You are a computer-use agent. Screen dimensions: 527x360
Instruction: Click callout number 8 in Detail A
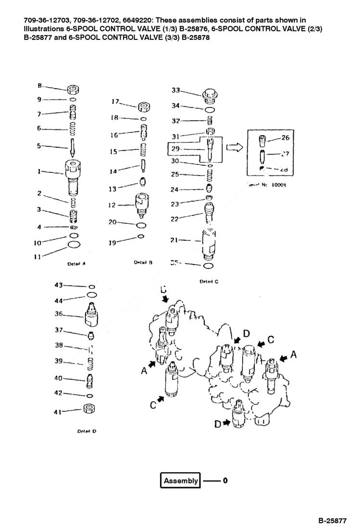click(x=40, y=86)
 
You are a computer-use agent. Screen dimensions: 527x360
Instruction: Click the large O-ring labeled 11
click(x=74, y=245)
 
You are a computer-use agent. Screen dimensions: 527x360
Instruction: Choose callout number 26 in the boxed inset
click(x=285, y=138)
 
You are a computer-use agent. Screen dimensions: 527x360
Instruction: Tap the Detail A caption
click(x=76, y=264)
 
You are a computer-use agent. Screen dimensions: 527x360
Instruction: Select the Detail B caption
click(x=143, y=262)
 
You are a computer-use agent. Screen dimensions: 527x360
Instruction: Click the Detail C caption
click(x=209, y=282)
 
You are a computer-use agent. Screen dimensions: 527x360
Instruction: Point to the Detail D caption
click(x=87, y=431)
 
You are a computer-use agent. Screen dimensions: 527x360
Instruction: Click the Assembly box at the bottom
click(x=180, y=480)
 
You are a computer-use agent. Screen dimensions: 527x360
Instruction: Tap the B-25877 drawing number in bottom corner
click(x=332, y=520)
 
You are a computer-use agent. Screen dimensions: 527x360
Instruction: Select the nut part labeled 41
click(x=88, y=409)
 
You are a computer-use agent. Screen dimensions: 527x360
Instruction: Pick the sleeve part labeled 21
click(x=208, y=241)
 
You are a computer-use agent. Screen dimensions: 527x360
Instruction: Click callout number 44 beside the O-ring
click(x=59, y=300)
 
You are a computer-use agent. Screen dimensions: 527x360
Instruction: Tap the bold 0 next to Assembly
click(x=224, y=480)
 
